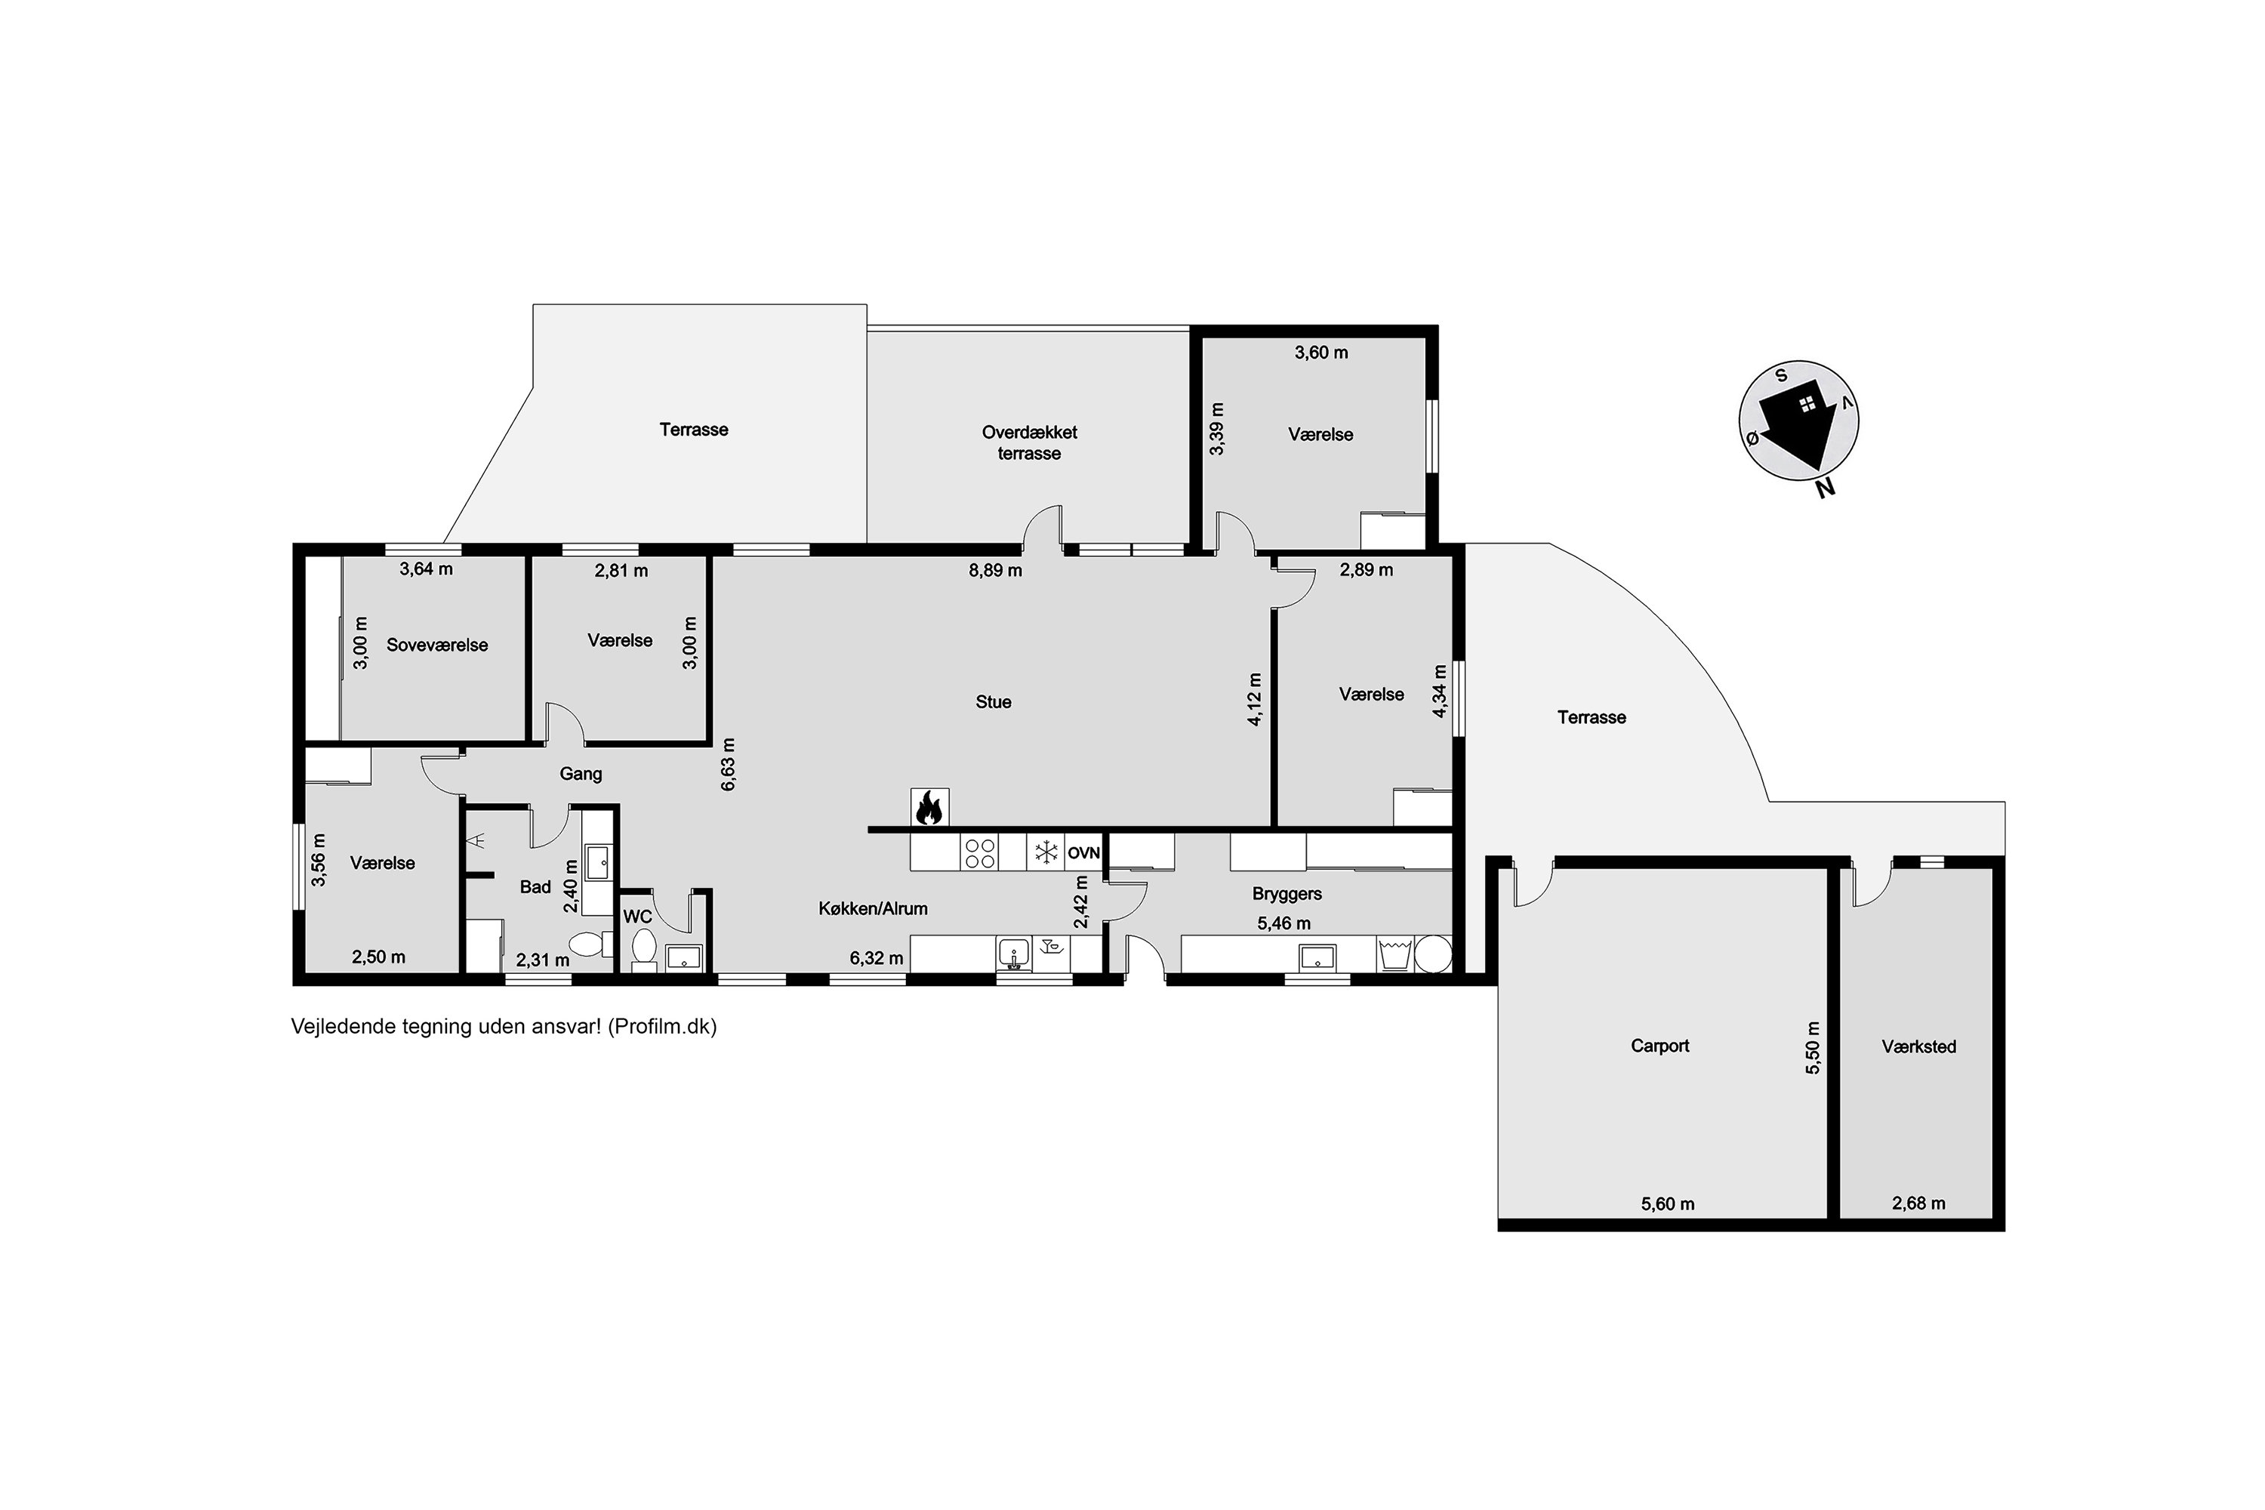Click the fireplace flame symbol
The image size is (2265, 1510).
click(929, 808)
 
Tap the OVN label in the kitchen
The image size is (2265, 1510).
click(1083, 853)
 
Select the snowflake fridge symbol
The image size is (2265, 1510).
click(1045, 853)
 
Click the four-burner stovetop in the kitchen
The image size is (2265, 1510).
click(979, 853)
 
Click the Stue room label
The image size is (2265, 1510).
click(993, 702)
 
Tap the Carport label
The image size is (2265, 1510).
click(1659, 1046)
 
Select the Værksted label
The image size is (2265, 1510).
click(1918, 1046)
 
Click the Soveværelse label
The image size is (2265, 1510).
click(437, 646)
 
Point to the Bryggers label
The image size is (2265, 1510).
click(1287, 895)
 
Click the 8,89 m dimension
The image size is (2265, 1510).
click(995, 570)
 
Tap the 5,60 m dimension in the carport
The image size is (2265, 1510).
click(1667, 1203)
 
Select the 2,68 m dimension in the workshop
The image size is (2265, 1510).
click(1918, 1203)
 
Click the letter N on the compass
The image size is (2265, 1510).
click(1824, 488)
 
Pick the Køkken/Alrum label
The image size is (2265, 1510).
click(873, 909)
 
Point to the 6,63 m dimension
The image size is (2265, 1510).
click(728, 765)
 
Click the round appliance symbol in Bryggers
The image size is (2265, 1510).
click(1432, 954)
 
